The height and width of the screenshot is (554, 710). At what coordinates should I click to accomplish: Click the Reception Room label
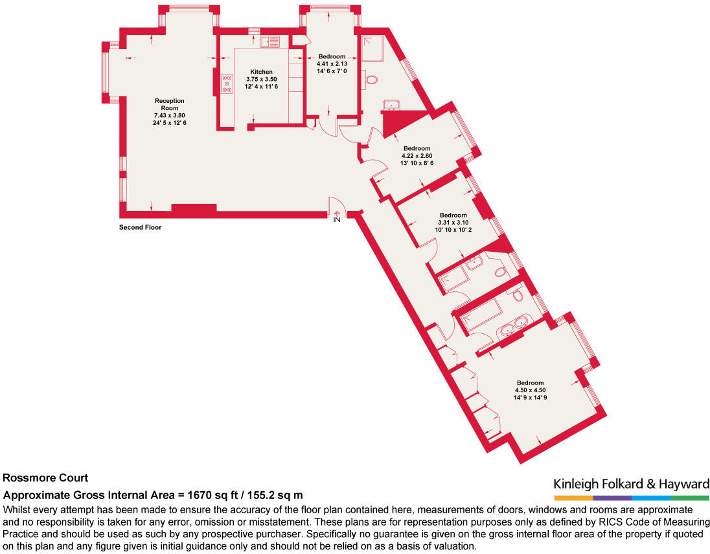[x=169, y=104]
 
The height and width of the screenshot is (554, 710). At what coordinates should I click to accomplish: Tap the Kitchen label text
[x=262, y=72]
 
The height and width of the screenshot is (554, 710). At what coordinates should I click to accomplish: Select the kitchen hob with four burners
[x=227, y=84]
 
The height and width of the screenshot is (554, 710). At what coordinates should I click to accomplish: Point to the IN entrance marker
[x=337, y=220]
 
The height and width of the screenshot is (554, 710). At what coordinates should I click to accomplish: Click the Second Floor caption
[x=140, y=228]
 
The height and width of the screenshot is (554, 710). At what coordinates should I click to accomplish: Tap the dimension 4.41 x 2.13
[x=332, y=63]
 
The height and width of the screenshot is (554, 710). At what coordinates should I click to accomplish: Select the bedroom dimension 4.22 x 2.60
[x=417, y=156]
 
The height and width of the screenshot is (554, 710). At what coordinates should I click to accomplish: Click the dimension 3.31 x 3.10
[x=453, y=223]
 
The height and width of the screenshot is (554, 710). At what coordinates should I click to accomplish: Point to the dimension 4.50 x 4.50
[x=531, y=390]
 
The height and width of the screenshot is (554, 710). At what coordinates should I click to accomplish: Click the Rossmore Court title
[x=45, y=478]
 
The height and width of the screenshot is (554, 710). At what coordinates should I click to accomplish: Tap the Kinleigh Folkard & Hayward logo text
[x=631, y=484]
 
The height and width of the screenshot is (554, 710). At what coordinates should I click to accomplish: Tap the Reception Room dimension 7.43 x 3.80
[x=169, y=115]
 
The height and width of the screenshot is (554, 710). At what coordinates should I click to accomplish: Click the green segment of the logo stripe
[x=690, y=498]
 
